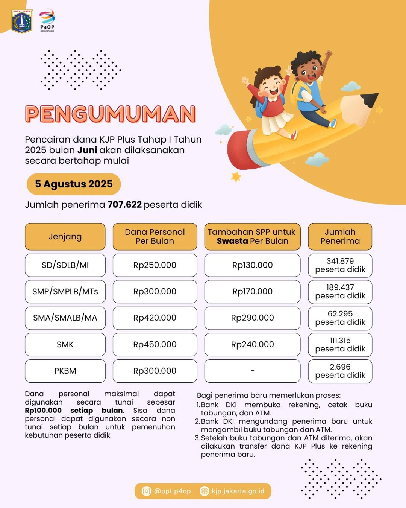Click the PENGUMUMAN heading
(x=111, y=114)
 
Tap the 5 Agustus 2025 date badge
(x=74, y=184)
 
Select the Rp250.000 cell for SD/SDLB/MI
(x=155, y=265)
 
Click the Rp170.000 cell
(x=252, y=291)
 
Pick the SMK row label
(x=65, y=344)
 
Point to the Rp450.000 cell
(x=155, y=344)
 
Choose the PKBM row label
(x=65, y=371)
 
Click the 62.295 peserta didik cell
(x=340, y=318)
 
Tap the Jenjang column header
(x=65, y=236)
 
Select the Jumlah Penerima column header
(x=340, y=236)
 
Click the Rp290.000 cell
(x=252, y=318)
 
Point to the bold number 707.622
(x=124, y=205)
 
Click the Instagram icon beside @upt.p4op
(x=146, y=491)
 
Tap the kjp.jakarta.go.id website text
(x=238, y=491)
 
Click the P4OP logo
(x=47, y=21)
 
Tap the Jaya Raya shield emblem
(x=22, y=21)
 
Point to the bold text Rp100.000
(x=43, y=410)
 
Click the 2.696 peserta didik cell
(x=340, y=371)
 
